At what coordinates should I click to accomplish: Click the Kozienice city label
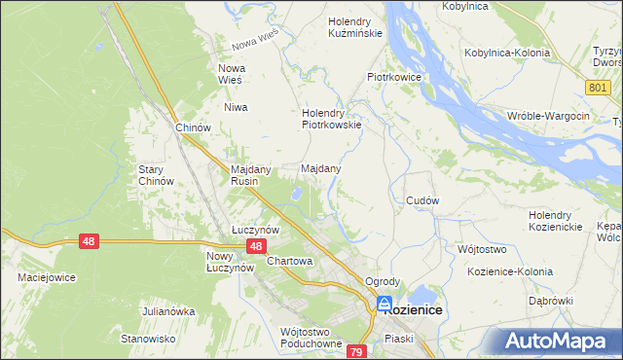[x=414, y=309]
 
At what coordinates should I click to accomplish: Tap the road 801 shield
[x=599, y=89]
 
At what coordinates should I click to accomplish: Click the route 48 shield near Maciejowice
[x=89, y=241]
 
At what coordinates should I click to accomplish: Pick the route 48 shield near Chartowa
[x=255, y=247]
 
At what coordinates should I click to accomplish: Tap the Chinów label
[x=193, y=128]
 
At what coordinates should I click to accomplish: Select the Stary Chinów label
[x=156, y=175]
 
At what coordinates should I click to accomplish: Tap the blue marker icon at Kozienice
[x=385, y=304]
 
